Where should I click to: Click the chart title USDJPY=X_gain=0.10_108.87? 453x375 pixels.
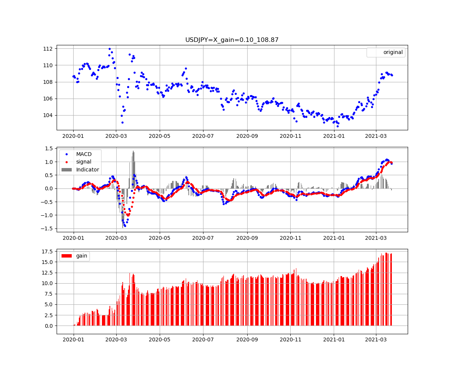point(232,40)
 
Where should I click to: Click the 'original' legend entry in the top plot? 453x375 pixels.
point(393,52)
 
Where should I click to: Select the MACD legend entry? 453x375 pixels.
point(83,154)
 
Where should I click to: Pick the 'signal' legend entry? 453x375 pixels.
point(83,162)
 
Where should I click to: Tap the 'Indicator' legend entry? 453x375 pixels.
point(87,170)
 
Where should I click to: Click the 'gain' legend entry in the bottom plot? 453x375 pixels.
point(82,256)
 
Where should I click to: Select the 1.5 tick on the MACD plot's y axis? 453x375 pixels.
point(48,148)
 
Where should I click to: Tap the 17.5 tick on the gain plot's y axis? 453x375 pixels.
point(48,251)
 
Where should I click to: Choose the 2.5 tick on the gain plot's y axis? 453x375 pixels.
point(49,315)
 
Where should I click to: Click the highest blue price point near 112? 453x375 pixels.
point(109,49)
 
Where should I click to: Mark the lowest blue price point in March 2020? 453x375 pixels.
point(122,122)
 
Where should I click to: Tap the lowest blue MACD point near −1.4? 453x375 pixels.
point(125,226)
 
